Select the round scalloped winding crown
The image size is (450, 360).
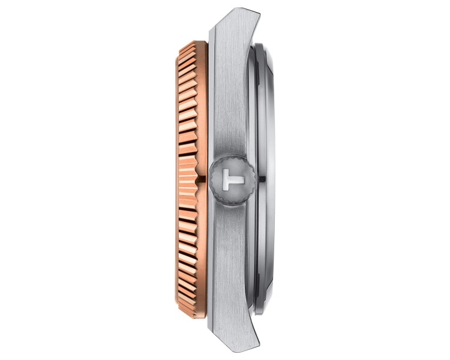(232, 180)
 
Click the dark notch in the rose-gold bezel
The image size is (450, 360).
(201, 179)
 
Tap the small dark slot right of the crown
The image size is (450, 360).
(262, 179)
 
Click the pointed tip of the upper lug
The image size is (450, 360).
(259, 13)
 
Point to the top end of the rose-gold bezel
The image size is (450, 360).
(198, 42)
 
